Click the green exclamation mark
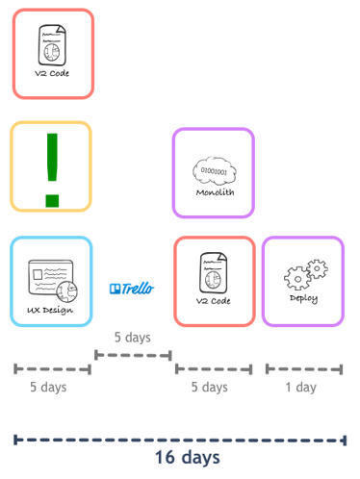click(x=52, y=170)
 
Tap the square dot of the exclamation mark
click(x=52, y=200)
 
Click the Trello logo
click(x=131, y=289)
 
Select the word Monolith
click(x=215, y=192)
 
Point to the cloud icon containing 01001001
click(x=215, y=170)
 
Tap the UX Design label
click(x=50, y=311)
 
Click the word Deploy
click(x=303, y=298)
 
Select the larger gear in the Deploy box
click(x=297, y=278)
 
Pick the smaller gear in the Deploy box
click(x=318, y=268)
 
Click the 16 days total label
click(x=188, y=457)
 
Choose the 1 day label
click(x=301, y=387)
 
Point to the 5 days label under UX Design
click(x=48, y=387)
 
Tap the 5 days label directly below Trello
click(x=133, y=338)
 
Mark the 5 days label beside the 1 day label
click(x=210, y=387)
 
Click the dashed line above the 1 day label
click(x=304, y=369)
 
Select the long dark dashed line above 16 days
click(x=180, y=440)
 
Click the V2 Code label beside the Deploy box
click(x=214, y=301)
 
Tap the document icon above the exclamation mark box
click(x=52, y=45)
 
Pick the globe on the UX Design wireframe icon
click(x=67, y=291)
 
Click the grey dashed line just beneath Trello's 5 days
click(x=133, y=355)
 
